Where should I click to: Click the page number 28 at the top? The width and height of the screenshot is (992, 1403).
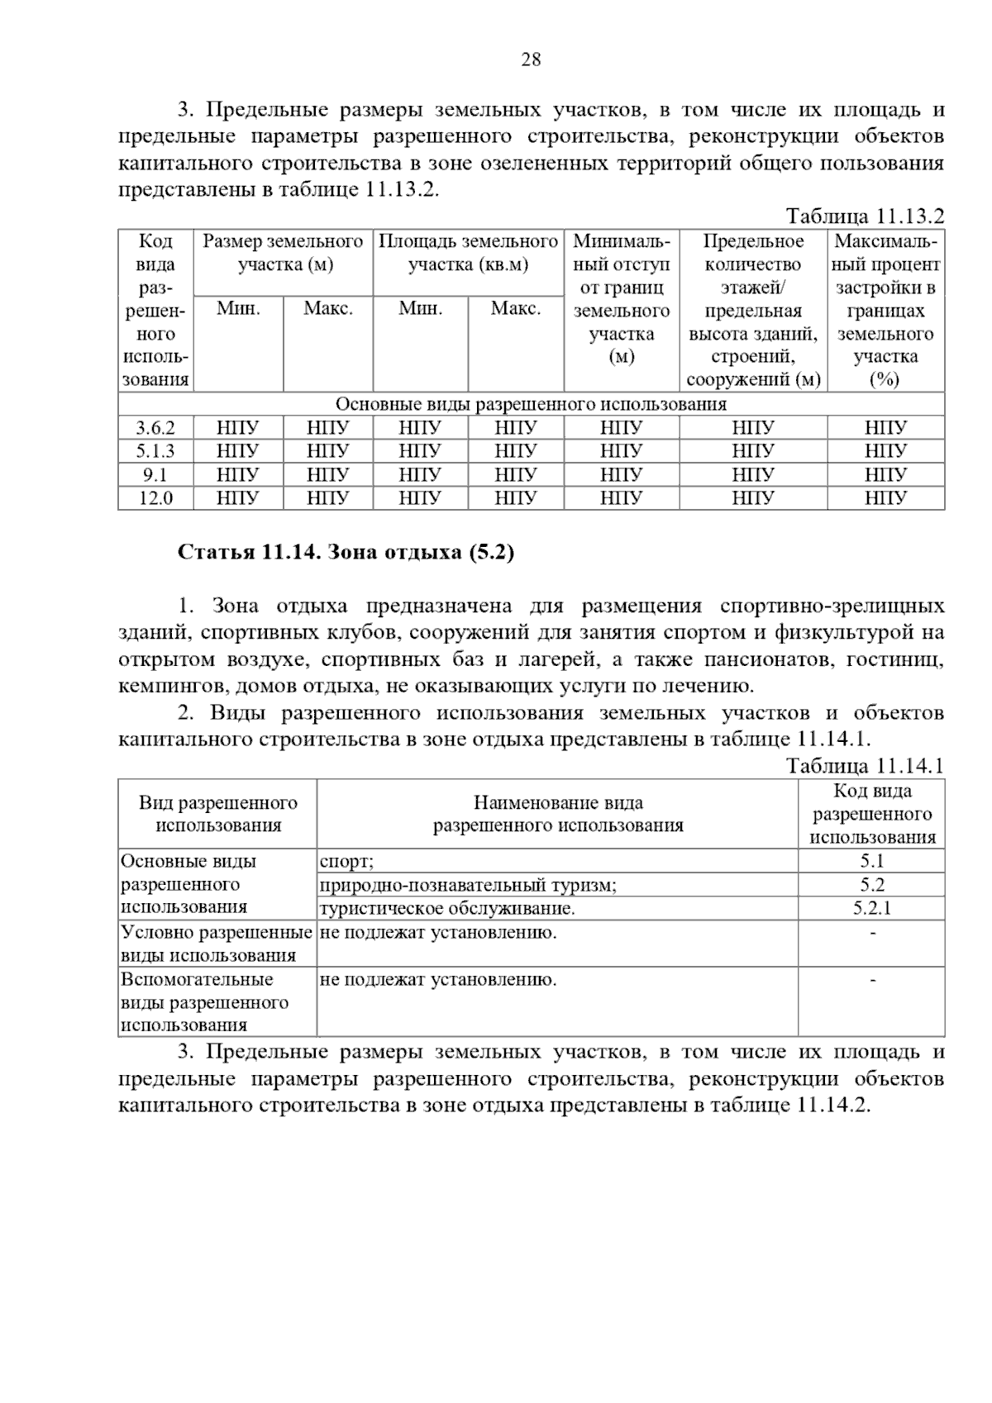tap(531, 59)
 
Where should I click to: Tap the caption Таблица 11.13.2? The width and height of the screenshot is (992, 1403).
tap(865, 216)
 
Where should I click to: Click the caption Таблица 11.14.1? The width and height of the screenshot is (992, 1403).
tap(865, 765)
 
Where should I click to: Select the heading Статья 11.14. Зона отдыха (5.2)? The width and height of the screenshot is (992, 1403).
tap(346, 552)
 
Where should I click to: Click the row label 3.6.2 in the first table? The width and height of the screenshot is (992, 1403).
tap(155, 428)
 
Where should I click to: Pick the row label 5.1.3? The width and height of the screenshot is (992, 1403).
tap(155, 451)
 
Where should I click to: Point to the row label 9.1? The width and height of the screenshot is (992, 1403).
tap(155, 474)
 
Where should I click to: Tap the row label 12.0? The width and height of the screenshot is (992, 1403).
tap(155, 497)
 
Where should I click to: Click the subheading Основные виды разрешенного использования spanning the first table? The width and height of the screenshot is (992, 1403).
tap(531, 404)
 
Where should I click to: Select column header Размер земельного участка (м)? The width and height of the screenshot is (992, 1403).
tap(283, 253)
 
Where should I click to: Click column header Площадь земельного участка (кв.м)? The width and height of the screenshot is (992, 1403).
tap(468, 253)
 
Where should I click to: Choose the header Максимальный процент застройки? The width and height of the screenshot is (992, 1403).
tap(885, 310)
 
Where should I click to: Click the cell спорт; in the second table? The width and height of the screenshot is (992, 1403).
tap(347, 862)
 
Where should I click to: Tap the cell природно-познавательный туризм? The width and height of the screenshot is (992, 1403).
tap(468, 885)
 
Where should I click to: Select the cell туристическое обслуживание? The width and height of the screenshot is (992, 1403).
tap(446, 908)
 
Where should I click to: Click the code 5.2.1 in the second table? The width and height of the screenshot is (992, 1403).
tap(871, 908)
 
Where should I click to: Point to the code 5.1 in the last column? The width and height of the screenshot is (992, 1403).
tap(871, 862)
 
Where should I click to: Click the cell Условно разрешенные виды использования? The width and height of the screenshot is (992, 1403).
tap(217, 944)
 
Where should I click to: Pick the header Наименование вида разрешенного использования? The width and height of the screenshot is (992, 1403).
tap(557, 814)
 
